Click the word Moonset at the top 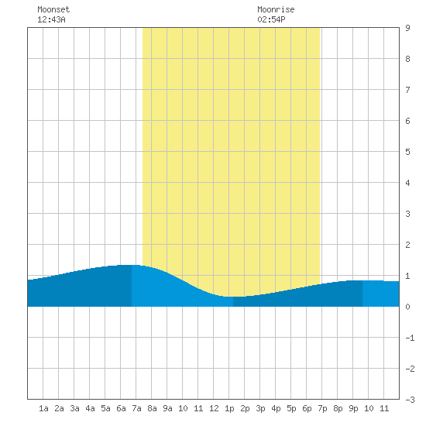[x=53, y=9]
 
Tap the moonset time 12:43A [x=51, y=19]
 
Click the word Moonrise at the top [x=276, y=9]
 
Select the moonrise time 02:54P [x=271, y=19]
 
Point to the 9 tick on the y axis [x=407, y=28]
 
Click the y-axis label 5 [x=407, y=152]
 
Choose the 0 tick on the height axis [x=407, y=307]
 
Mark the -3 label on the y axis [x=410, y=400]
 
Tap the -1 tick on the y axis [x=410, y=338]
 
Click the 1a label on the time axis [x=43, y=408]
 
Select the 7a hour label [x=136, y=408]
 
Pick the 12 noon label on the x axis [x=214, y=408]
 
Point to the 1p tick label [x=229, y=408]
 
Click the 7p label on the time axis [x=322, y=408]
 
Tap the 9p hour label [x=353, y=408]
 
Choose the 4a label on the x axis [x=90, y=408]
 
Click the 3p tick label [x=260, y=408]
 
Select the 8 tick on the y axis [x=407, y=59]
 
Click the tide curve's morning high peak [x=128, y=265]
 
